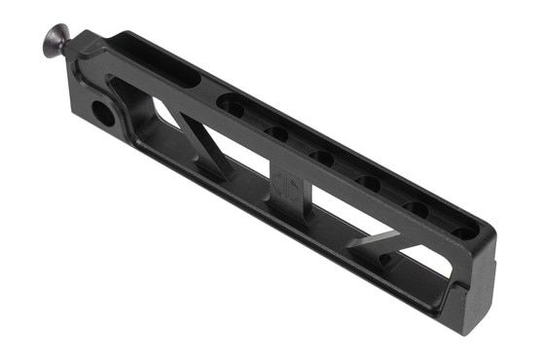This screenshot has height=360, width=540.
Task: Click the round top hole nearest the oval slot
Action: (232, 105)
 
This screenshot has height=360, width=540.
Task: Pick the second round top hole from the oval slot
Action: (276, 130)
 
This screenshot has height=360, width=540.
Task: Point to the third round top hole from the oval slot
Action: (321, 156)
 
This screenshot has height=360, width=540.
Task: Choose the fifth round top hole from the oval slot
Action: (415, 206)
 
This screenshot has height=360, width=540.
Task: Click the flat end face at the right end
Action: (477, 292)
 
